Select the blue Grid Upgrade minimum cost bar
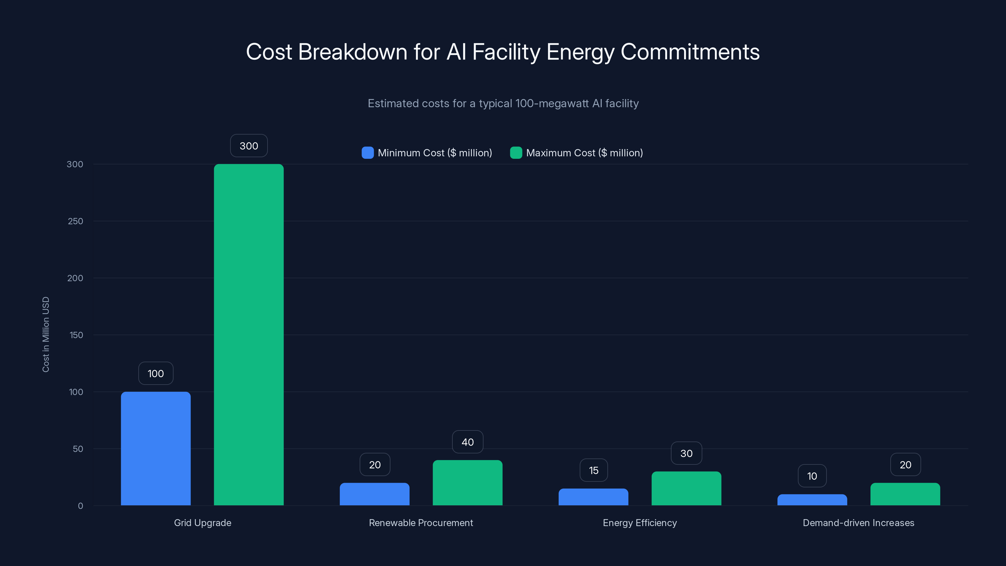[156, 448]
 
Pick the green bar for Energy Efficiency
[686, 488]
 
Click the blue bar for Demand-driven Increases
[812, 500]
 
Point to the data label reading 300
[249, 146]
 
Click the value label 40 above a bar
[467, 442]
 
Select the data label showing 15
[594, 470]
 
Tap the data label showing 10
[812, 476]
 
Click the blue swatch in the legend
[368, 153]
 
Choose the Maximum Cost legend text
[584, 153]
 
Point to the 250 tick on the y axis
[75, 221]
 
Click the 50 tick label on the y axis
[78, 449]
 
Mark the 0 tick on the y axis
[80, 506]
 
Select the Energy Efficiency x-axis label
[640, 523]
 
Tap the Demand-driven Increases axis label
[858, 523]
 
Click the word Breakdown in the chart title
[353, 52]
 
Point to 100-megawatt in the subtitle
[552, 103]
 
